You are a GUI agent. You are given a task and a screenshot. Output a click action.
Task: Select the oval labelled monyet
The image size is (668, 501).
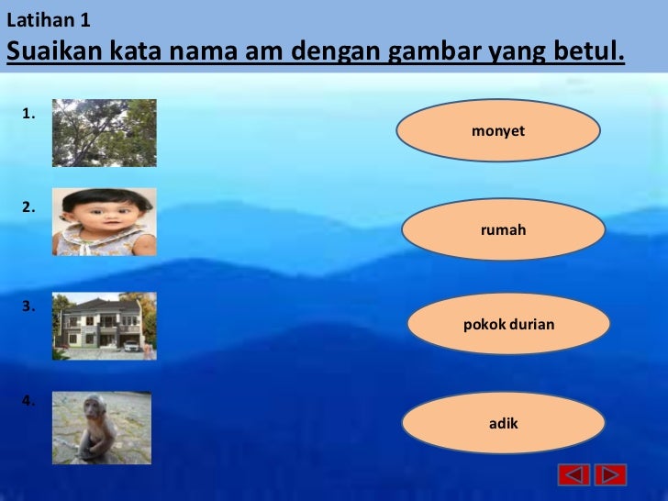pos(498,131)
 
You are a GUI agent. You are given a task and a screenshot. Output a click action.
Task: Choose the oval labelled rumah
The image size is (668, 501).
pos(503,229)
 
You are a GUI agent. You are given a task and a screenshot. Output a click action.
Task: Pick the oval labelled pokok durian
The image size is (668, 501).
pos(508,324)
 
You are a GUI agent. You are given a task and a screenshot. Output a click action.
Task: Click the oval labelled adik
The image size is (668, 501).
pos(503,423)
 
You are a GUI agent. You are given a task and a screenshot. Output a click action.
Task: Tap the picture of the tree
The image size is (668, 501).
pos(104,132)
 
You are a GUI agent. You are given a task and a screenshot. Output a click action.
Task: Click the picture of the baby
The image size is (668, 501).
pos(104,221)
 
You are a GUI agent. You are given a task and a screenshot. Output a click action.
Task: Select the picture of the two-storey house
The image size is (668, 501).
pos(104,326)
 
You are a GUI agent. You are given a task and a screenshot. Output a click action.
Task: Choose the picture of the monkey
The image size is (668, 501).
pos(101,428)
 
